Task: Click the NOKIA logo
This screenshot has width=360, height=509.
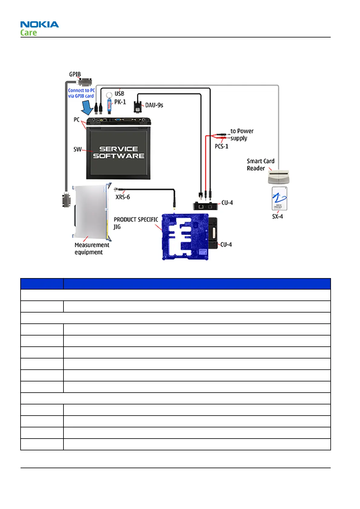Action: [40, 24]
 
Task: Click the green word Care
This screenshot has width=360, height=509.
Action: [29, 33]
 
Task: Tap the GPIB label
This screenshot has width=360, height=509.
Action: [75, 74]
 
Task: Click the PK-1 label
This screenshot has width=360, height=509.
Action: [120, 102]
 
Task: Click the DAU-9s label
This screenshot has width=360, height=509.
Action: [154, 105]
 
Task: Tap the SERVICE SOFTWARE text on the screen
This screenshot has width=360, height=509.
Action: [118, 153]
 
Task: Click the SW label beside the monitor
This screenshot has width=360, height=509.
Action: [77, 149]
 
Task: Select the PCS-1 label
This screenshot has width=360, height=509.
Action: [222, 146]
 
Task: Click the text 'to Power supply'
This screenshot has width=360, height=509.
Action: [242, 135]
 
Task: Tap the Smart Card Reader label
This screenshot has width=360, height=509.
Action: [260, 165]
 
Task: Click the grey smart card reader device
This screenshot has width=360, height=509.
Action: [278, 177]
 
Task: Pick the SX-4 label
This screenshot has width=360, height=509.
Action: [277, 216]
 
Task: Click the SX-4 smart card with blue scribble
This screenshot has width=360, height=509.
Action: [279, 198]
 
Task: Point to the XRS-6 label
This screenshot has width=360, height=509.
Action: [123, 197]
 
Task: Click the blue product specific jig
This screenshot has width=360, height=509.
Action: [185, 237]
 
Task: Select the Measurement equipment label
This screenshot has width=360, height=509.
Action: [92, 248]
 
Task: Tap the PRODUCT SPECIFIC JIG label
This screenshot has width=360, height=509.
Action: [135, 223]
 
